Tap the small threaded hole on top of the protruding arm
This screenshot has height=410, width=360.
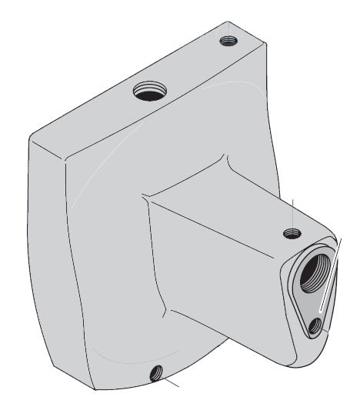coord(291,232)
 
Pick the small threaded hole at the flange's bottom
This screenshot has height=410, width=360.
coord(315,327)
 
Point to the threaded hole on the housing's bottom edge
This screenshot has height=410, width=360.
coord(157,374)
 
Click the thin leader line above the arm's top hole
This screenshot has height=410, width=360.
coord(293,212)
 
